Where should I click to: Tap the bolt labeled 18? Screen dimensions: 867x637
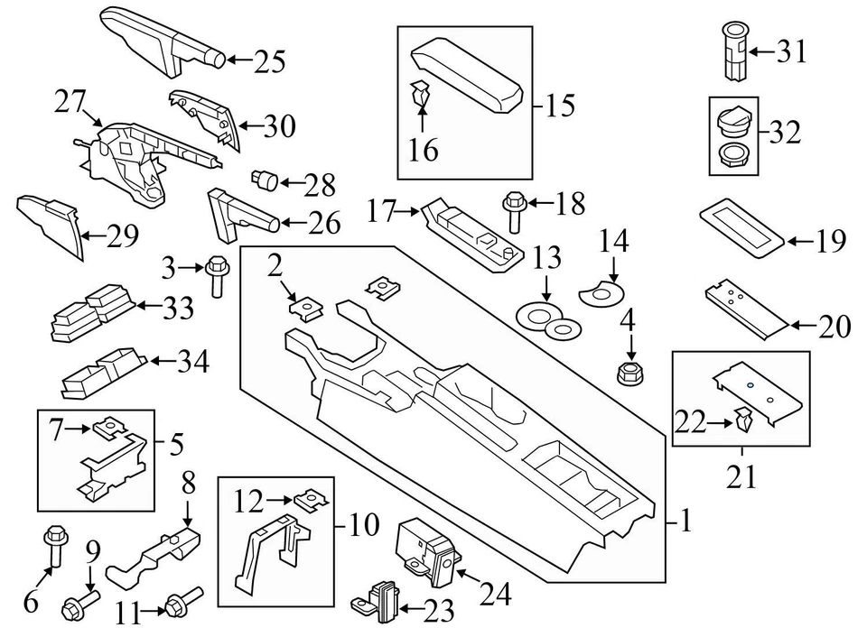(513, 212)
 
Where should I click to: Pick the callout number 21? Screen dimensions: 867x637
(741, 476)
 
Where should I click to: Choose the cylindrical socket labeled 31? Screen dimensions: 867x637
(735, 52)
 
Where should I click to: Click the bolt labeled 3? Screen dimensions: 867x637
(216, 276)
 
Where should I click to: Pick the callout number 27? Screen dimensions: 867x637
(70, 101)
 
